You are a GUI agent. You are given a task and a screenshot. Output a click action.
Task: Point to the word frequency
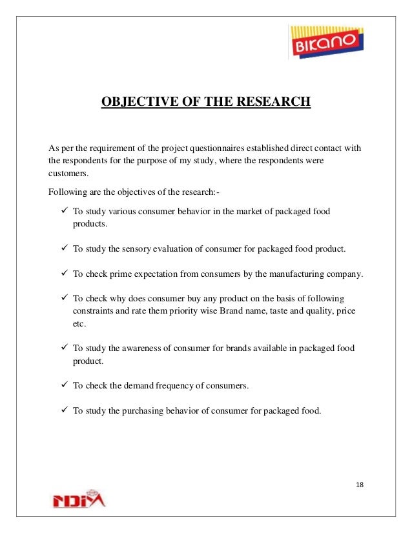click(x=181, y=386)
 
